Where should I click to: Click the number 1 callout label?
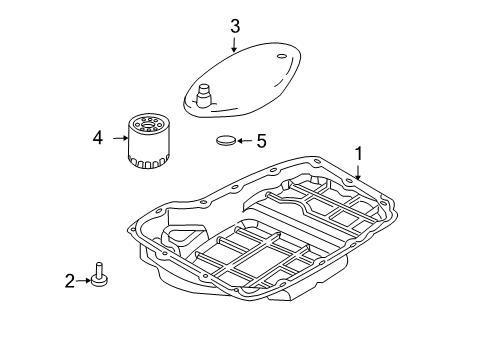[357, 153]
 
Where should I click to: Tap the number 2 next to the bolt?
[70, 282]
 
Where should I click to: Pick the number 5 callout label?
[261, 142]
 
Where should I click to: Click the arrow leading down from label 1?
[356, 171]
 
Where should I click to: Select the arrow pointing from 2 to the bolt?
[83, 282]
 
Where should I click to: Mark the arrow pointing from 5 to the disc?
[246, 142]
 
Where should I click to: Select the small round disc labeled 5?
[227, 142]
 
